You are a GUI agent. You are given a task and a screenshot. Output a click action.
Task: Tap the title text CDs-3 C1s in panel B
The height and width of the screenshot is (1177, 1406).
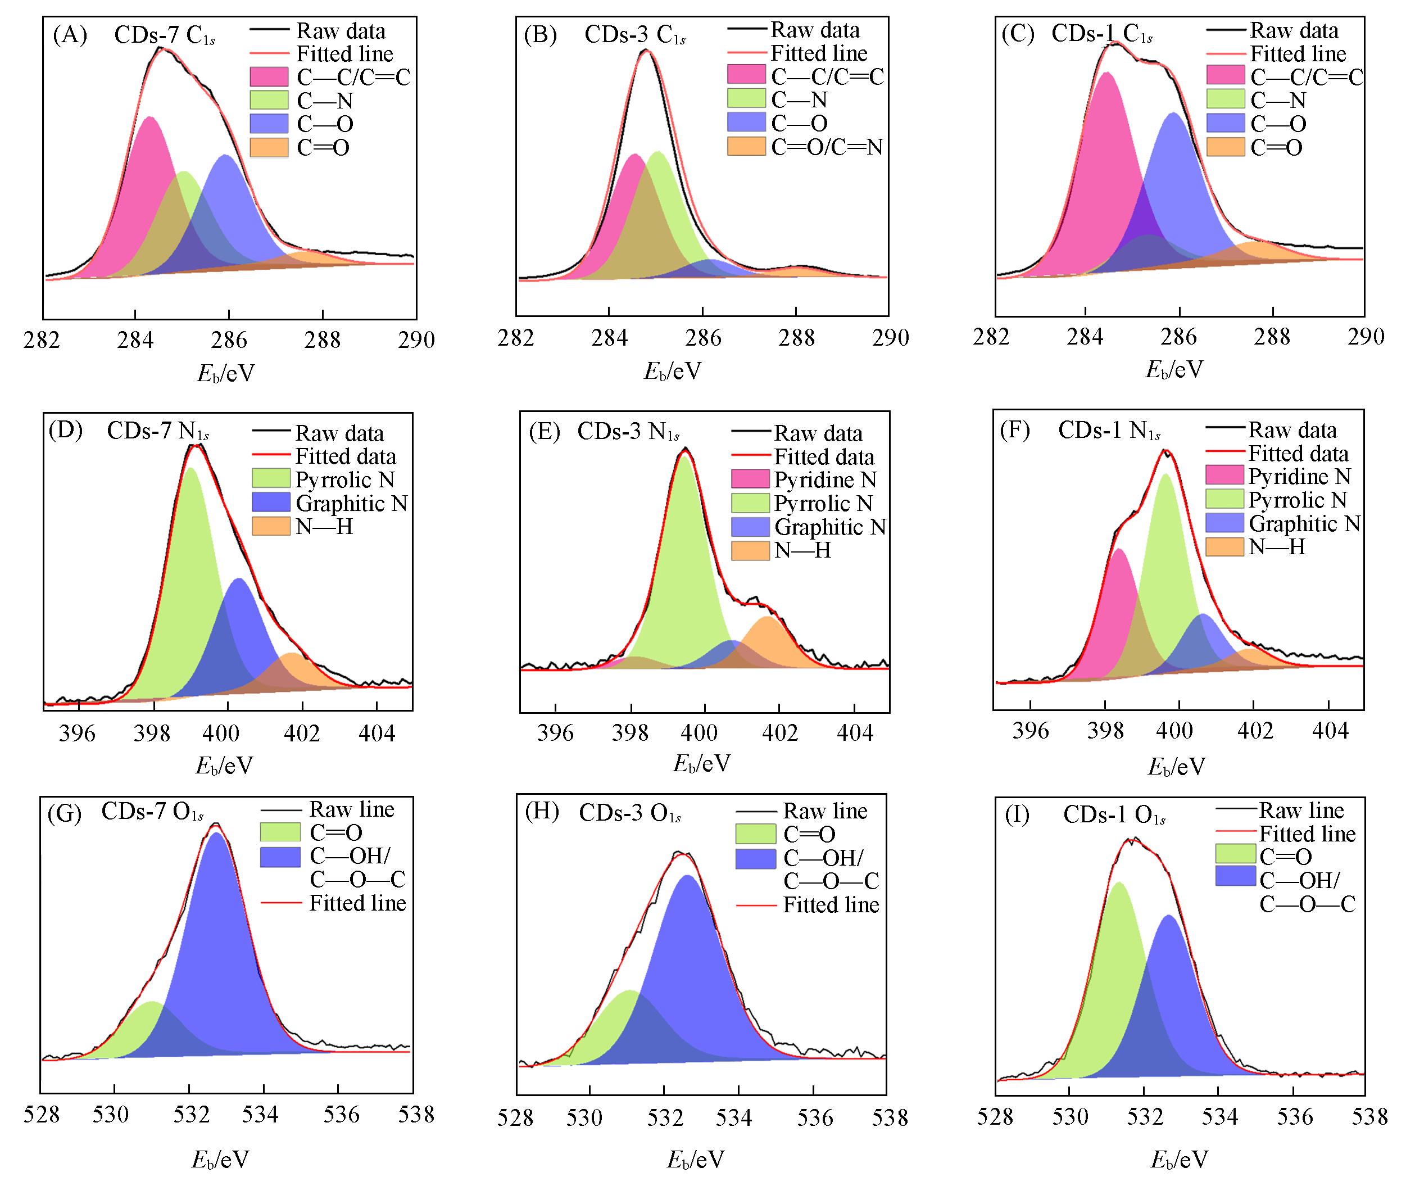[634, 35]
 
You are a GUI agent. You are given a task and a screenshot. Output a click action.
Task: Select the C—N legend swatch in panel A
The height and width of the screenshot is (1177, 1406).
[269, 101]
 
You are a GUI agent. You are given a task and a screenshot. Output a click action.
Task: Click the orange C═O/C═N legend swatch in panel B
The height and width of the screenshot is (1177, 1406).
[746, 147]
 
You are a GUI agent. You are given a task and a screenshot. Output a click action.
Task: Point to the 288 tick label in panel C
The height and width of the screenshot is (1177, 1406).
[1272, 337]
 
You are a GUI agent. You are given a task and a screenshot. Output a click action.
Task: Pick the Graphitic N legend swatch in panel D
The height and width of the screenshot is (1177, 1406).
[270, 503]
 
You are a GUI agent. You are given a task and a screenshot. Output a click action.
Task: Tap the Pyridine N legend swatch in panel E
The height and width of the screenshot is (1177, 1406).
[750, 479]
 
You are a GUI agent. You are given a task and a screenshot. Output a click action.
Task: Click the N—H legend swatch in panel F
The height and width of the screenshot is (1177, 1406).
[1224, 547]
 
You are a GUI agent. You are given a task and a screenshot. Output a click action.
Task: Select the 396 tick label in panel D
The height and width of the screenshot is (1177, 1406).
[78, 733]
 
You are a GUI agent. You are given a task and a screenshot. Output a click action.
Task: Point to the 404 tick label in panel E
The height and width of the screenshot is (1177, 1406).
[855, 733]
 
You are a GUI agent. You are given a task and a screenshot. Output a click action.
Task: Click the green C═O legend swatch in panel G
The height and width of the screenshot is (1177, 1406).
[280, 832]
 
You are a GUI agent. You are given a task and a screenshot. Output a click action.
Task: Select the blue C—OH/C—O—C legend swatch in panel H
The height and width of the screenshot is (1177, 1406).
[755, 859]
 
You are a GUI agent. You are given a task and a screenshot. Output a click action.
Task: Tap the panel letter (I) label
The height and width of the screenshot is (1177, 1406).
[1017, 816]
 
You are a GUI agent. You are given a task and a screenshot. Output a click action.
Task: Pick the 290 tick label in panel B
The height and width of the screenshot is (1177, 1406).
[890, 337]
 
